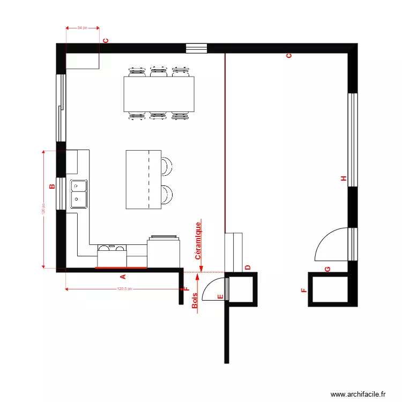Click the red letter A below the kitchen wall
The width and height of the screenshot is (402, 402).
[122, 277]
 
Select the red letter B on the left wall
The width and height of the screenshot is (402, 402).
[52, 187]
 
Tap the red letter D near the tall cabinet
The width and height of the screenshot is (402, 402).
[248, 267]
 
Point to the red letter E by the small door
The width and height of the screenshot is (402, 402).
[219, 296]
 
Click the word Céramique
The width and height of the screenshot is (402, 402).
[198, 241]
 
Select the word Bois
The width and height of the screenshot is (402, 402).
[195, 301]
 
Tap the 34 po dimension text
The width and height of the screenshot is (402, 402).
[83, 27]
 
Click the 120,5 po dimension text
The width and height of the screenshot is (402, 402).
[124, 289]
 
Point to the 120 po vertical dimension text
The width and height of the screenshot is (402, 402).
[42, 209]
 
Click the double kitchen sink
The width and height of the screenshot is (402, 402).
[79, 193]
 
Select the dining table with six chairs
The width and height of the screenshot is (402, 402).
[159, 94]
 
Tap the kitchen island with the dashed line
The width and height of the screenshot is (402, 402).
[143, 180]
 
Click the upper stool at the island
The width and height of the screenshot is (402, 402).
[167, 166]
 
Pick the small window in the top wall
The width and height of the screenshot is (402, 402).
[196, 48]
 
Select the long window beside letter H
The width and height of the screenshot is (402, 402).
[352, 140]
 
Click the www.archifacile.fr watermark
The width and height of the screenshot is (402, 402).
[358, 394]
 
